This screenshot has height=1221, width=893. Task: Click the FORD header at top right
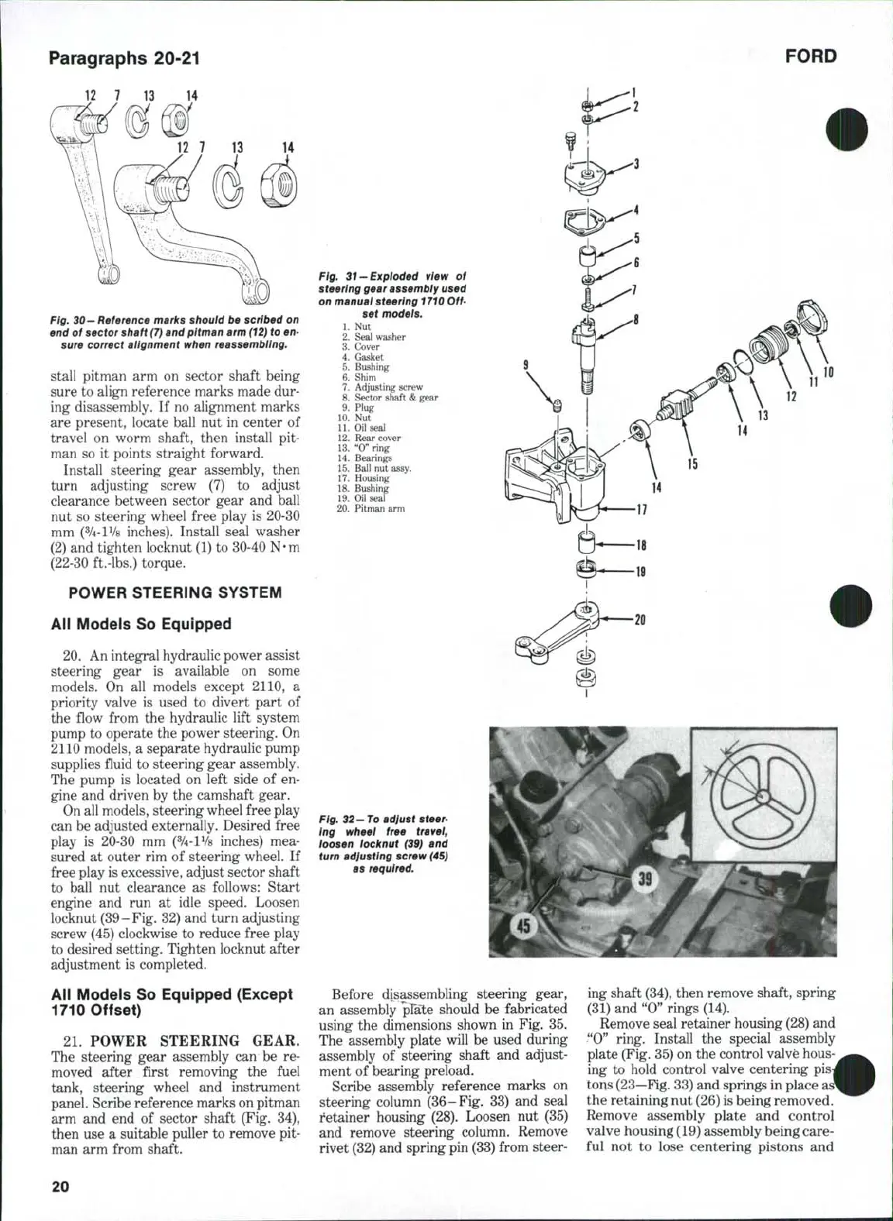[811, 57]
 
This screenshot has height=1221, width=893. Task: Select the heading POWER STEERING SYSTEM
[175, 593]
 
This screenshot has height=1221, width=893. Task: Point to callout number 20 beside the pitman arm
[640, 620]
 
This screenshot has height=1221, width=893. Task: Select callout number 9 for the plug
[526, 364]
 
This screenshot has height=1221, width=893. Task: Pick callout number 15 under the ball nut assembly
[692, 464]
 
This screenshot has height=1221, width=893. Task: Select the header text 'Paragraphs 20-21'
[126, 58]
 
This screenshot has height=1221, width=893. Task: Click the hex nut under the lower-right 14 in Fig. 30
[282, 186]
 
